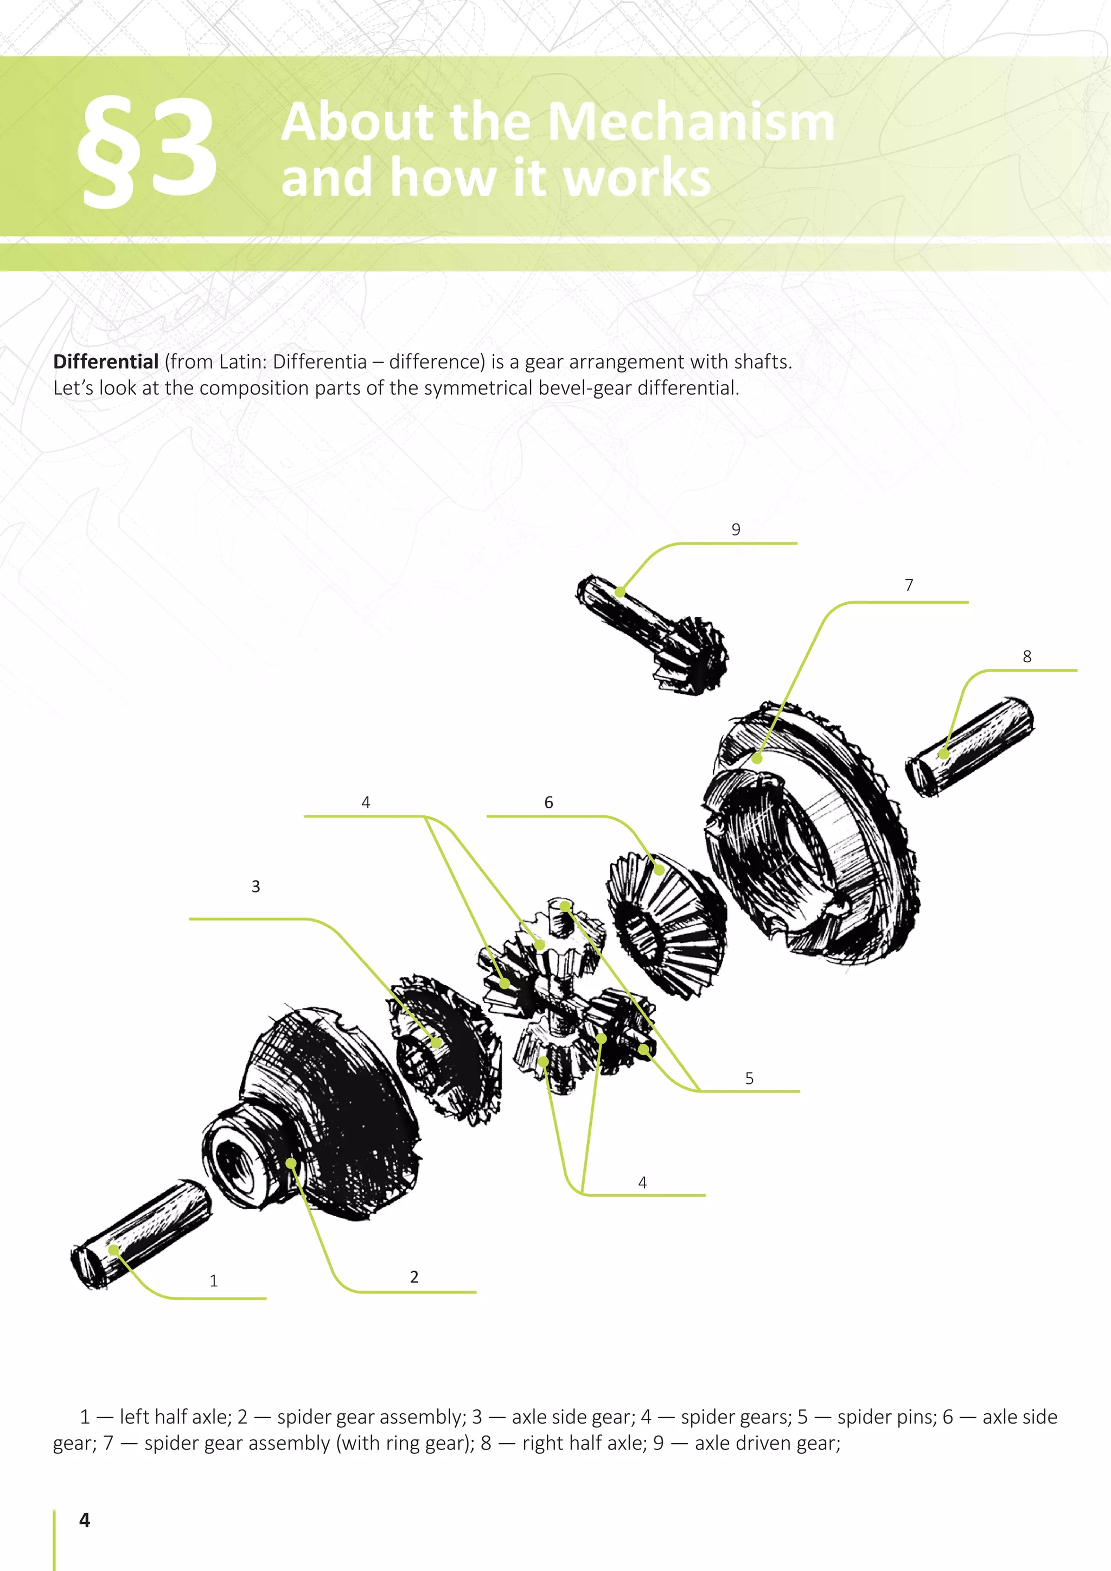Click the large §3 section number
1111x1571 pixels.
[147, 150]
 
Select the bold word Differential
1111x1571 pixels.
[106, 361]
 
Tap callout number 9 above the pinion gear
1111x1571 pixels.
[736, 529]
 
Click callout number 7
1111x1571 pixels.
[909, 585]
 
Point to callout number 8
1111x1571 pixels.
[1026, 656]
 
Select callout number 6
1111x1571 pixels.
[548, 802]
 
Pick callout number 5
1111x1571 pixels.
[749, 1078]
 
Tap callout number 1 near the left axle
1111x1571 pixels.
[213, 1280]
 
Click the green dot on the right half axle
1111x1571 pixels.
[943, 754]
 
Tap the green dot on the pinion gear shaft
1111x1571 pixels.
[620, 592]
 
